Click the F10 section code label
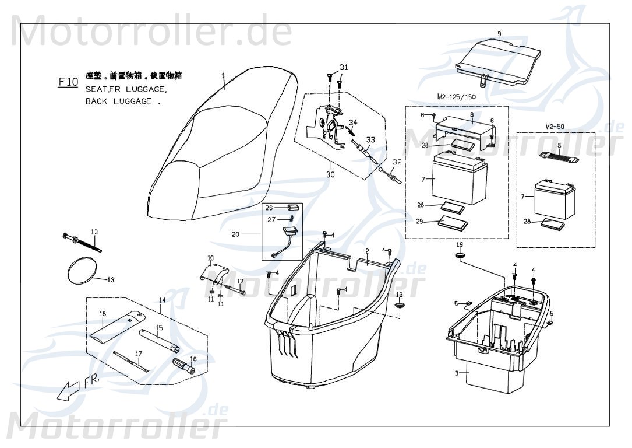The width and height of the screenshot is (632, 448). click(x=68, y=82)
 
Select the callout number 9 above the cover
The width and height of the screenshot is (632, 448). click(x=499, y=33)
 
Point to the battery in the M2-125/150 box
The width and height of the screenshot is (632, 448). click(x=457, y=175)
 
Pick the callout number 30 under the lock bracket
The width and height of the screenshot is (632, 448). click(x=330, y=174)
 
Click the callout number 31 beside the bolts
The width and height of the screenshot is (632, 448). click(x=344, y=68)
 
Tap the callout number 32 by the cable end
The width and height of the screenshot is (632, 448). click(x=397, y=162)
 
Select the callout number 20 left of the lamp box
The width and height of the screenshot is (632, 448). click(x=235, y=235)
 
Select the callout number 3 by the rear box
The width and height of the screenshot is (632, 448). click(x=458, y=372)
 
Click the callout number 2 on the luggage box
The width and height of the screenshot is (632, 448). click(x=367, y=251)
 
